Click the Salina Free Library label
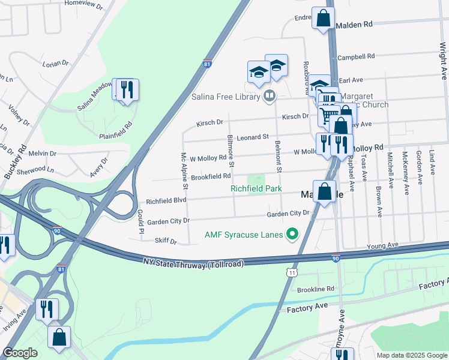coord(226,96)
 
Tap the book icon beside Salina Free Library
coord(270,96)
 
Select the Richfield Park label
coord(256,188)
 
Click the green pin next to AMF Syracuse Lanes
coord(292,234)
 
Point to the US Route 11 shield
coord(292,273)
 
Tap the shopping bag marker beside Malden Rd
coord(323,19)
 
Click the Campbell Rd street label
coord(356,56)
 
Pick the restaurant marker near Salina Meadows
coord(126,91)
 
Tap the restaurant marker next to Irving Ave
coord(47,310)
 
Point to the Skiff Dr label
coord(166,241)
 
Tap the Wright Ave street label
coord(442,57)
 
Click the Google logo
coord(20,353)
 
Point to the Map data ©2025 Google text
coord(411,355)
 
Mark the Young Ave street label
coord(383,245)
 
